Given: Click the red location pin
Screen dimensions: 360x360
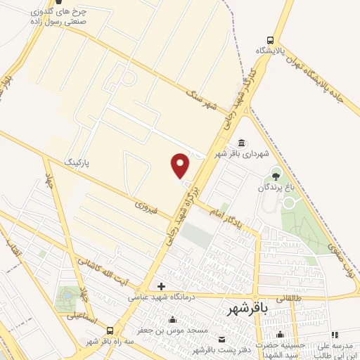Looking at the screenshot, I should click(x=181, y=166).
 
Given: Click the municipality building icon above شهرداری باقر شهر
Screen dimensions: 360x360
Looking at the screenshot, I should click(x=242, y=143).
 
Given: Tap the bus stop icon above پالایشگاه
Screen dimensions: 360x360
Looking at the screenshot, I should click(x=271, y=40).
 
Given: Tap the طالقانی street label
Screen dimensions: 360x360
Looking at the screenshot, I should click(x=290, y=298).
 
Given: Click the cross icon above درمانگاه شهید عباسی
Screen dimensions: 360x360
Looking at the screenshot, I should click(x=161, y=286).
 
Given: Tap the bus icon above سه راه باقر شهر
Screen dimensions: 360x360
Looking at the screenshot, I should click(x=110, y=330).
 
